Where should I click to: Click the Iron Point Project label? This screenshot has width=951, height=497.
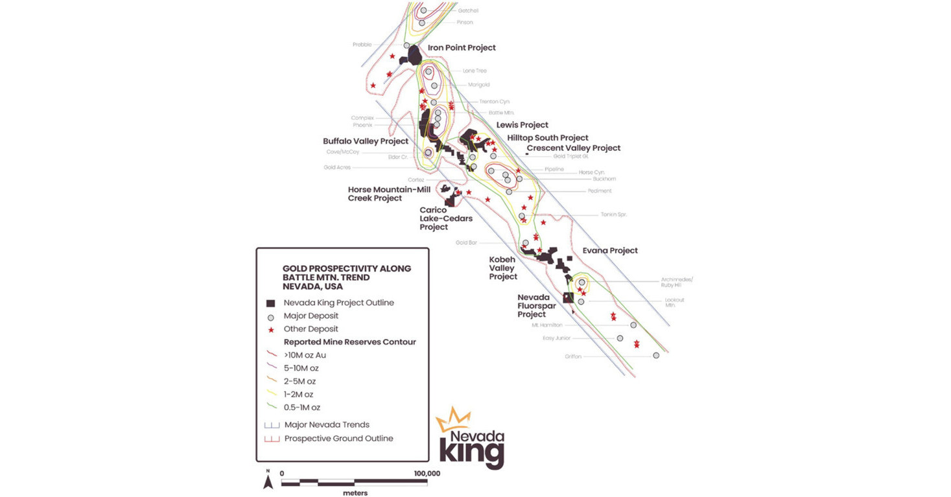click(462, 48)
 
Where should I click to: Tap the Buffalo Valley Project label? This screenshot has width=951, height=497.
click(366, 141)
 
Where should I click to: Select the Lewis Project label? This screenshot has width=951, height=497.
click(522, 125)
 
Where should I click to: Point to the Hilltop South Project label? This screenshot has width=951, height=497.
click(548, 138)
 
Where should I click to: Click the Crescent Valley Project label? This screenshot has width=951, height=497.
click(573, 148)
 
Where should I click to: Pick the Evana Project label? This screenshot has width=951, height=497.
click(609, 251)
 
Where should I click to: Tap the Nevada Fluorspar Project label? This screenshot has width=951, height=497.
click(536, 306)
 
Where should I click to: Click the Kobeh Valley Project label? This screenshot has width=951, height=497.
click(502, 268)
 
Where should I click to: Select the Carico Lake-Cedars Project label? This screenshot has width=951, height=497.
click(445, 218)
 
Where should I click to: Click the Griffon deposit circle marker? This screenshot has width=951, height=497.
click(656, 356)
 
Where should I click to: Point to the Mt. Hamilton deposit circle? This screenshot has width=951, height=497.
click(633, 325)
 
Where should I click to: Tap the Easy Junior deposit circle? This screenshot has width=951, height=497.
click(620, 338)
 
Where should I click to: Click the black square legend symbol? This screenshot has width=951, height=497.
click(270, 303)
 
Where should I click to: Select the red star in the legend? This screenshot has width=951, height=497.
click(270, 329)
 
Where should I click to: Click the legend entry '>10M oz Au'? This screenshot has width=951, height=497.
click(305, 355)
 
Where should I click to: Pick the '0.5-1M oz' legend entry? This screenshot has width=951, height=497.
click(301, 408)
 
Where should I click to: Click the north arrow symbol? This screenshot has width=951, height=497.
click(268, 481)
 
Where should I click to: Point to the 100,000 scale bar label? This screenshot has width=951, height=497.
click(427, 474)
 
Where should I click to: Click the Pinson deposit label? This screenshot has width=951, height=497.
click(464, 23)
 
